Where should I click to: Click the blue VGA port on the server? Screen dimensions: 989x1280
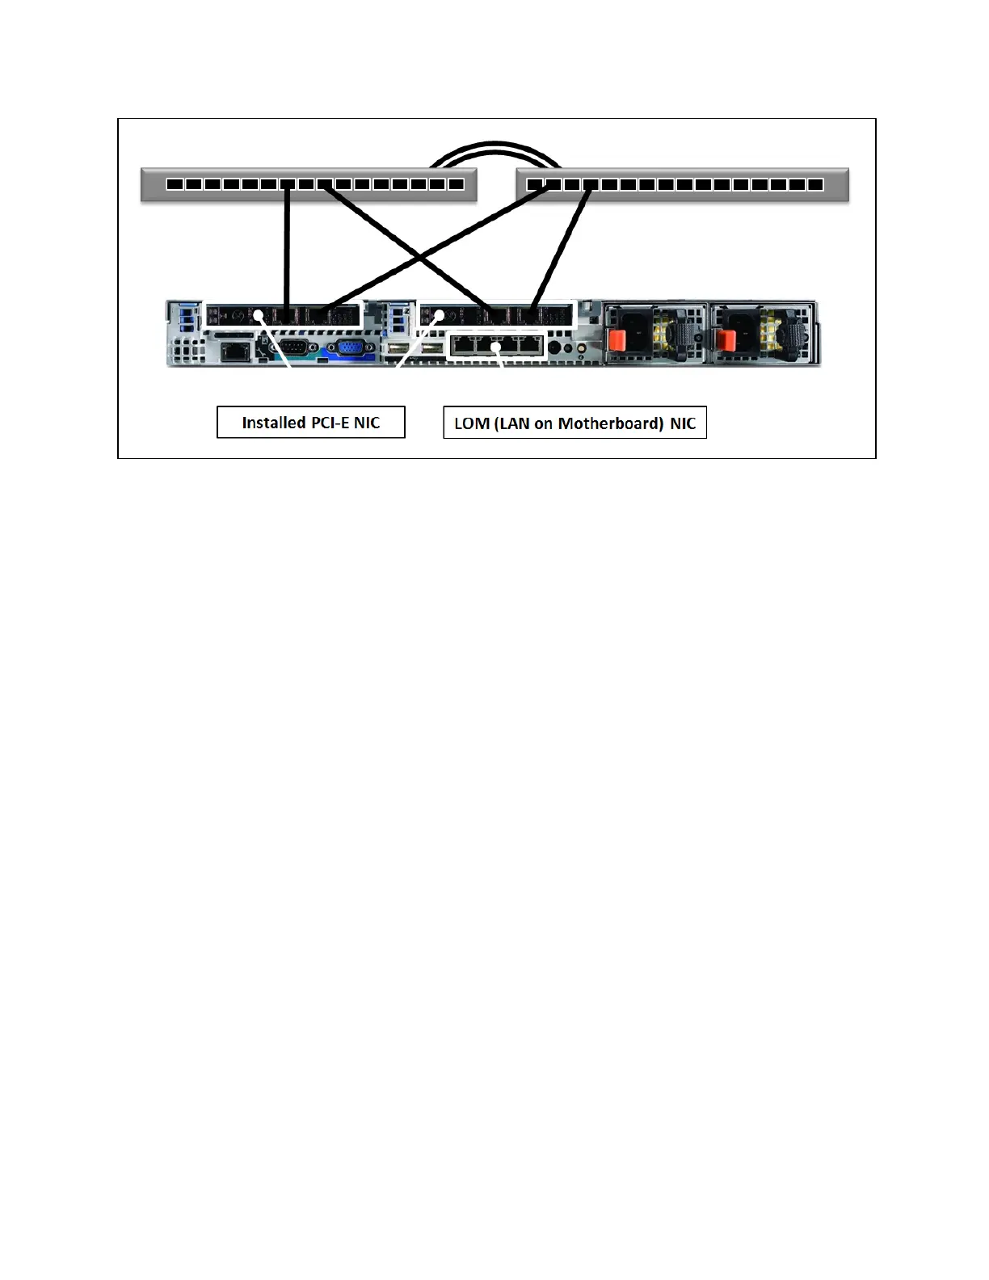tap(348, 349)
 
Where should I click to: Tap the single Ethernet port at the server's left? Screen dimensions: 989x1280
tap(234, 350)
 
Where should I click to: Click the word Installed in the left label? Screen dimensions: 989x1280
tap(273, 423)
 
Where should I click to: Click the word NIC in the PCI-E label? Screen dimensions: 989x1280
tap(366, 423)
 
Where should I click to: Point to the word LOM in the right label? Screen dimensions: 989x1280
tap(471, 423)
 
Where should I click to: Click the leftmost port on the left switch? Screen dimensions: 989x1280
tap(175, 184)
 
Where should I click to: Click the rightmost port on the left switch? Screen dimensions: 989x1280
tap(456, 184)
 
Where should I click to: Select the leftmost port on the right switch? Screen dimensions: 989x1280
tap(534, 184)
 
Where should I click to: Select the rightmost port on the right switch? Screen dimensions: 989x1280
tap(815, 184)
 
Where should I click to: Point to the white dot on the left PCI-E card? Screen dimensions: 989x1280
tap(259, 315)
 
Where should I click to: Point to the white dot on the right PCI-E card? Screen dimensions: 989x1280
tap(440, 315)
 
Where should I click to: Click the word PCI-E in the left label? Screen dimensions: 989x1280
tap(330, 423)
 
